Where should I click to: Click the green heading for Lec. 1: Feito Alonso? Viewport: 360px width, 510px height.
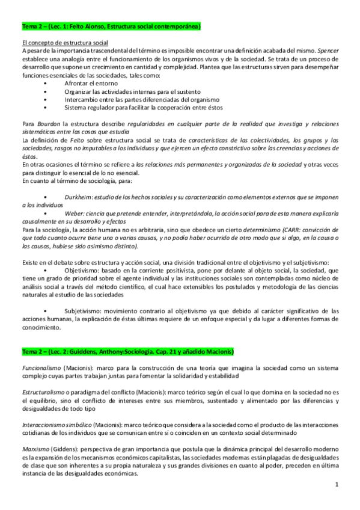click(111, 27)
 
